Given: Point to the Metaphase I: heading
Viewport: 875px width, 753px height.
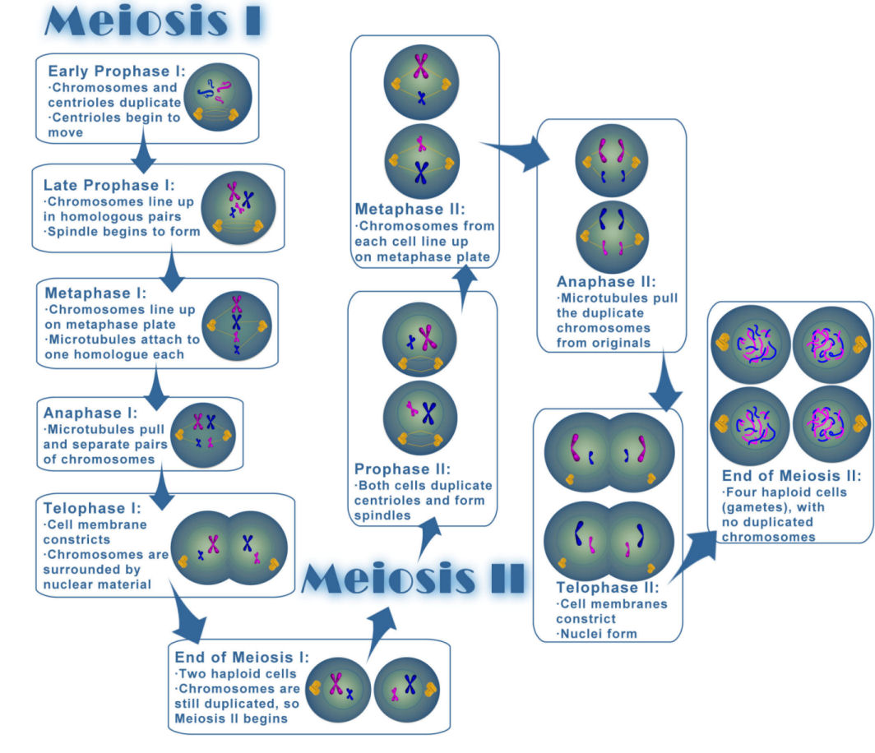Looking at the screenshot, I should [95, 293].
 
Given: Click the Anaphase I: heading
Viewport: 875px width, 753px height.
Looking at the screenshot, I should [92, 413].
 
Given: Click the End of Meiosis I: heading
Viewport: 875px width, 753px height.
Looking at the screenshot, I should [242, 657].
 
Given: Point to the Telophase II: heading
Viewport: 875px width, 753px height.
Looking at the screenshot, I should [609, 588].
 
